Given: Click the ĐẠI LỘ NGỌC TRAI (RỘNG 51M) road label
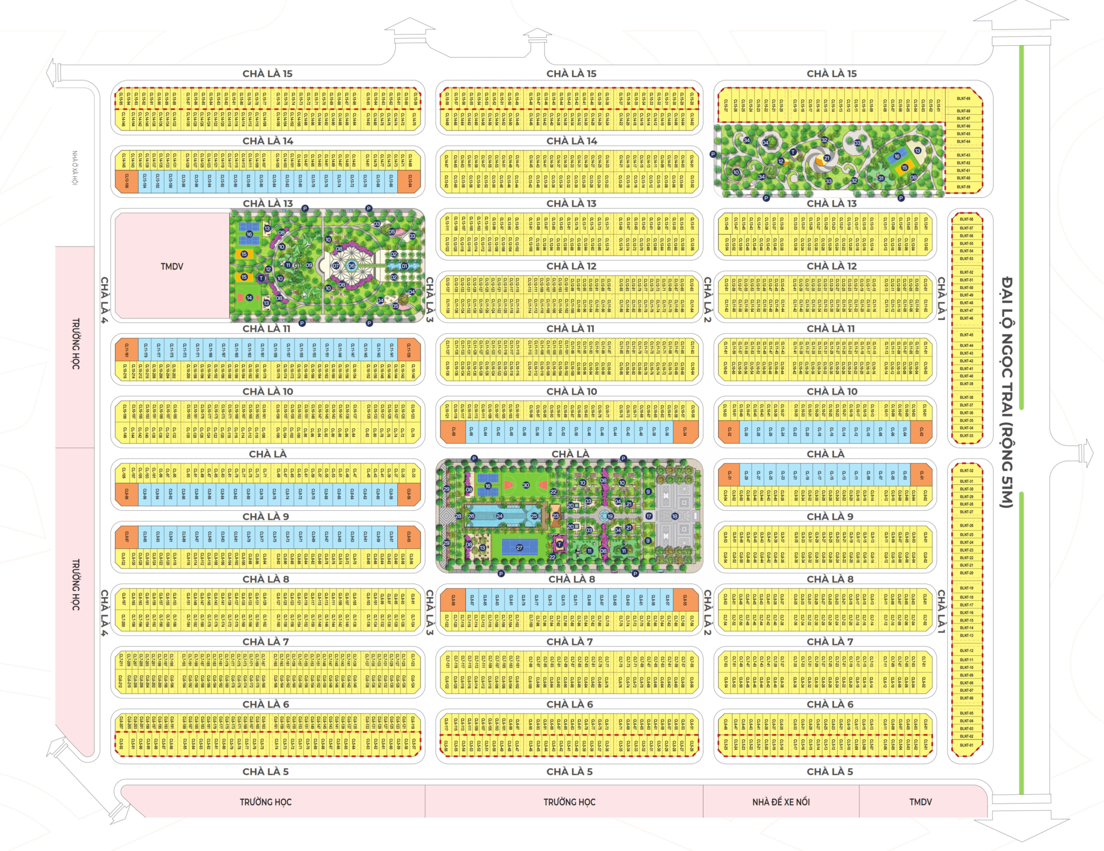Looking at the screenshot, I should (x=1006, y=392).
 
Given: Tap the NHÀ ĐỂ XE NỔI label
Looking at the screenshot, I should (x=781, y=802).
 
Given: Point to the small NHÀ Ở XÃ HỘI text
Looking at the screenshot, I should (x=75, y=167).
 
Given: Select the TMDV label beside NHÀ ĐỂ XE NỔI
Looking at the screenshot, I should (x=920, y=802).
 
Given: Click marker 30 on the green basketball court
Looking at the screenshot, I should (x=526, y=485).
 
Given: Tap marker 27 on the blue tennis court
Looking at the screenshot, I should (x=519, y=547).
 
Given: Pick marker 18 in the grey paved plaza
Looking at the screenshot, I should (x=674, y=516).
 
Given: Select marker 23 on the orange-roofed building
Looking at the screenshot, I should (x=556, y=516).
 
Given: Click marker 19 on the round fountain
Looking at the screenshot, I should (x=610, y=516).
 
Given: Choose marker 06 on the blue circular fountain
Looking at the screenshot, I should (x=351, y=266).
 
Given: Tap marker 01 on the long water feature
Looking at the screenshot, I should (x=404, y=266).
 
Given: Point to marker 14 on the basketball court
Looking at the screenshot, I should (x=249, y=297).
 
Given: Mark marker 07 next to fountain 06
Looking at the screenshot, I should (x=336, y=266).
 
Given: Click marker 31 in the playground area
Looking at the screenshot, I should (x=881, y=178).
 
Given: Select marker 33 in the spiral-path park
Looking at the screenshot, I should (x=829, y=181).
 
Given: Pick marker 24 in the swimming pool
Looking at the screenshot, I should (x=499, y=516).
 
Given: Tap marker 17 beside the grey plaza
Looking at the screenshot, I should (x=649, y=516).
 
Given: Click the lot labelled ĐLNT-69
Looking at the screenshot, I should (x=963, y=99).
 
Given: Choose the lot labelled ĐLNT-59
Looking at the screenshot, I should (x=963, y=187).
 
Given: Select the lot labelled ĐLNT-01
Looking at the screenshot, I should (x=967, y=745).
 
